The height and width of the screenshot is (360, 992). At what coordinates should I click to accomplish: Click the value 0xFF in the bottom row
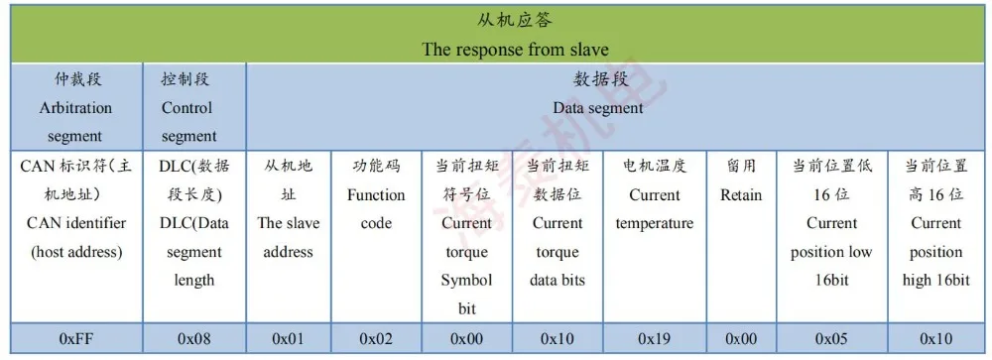pyautogui.click(x=76, y=338)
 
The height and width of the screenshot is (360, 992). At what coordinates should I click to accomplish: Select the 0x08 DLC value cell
pyautogui.click(x=193, y=338)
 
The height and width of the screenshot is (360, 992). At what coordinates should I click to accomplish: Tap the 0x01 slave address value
pyautogui.click(x=288, y=338)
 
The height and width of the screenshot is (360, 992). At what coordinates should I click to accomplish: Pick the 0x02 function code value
pyautogui.click(x=376, y=338)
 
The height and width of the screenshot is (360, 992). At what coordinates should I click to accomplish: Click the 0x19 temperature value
pyautogui.click(x=654, y=338)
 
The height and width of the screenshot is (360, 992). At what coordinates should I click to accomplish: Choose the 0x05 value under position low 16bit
pyautogui.click(x=831, y=338)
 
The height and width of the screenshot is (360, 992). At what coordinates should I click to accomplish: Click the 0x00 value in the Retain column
pyautogui.click(x=741, y=338)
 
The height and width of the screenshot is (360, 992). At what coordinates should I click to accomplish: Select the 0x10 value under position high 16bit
pyautogui.click(x=936, y=338)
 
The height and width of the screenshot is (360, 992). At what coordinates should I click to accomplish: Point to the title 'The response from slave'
pyautogui.click(x=515, y=49)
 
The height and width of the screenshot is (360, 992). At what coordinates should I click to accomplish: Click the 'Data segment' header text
pyautogui.click(x=598, y=107)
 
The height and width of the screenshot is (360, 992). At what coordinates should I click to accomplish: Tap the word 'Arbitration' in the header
pyautogui.click(x=76, y=107)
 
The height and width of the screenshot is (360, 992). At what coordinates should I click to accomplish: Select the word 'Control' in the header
pyautogui.click(x=186, y=107)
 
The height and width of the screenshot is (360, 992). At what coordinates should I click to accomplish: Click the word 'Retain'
pyautogui.click(x=741, y=194)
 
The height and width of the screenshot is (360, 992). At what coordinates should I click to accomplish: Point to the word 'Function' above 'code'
pyautogui.click(x=376, y=194)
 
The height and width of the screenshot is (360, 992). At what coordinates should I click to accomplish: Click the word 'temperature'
pyautogui.click(x=654, y=223)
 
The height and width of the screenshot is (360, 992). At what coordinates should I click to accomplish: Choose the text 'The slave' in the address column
pyautogui.click(x=288, y=223)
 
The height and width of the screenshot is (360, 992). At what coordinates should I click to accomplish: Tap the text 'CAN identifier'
pyautogui.click(x=76, y=223)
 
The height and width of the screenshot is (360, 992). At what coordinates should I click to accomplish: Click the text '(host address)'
pyautogui.click(x=76, y=252)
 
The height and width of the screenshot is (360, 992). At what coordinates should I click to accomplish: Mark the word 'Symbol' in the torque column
pyautogui.click(x=466, y=280)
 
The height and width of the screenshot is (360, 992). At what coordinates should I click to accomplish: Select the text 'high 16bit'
pyautogui.click(x=936, y=280)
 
